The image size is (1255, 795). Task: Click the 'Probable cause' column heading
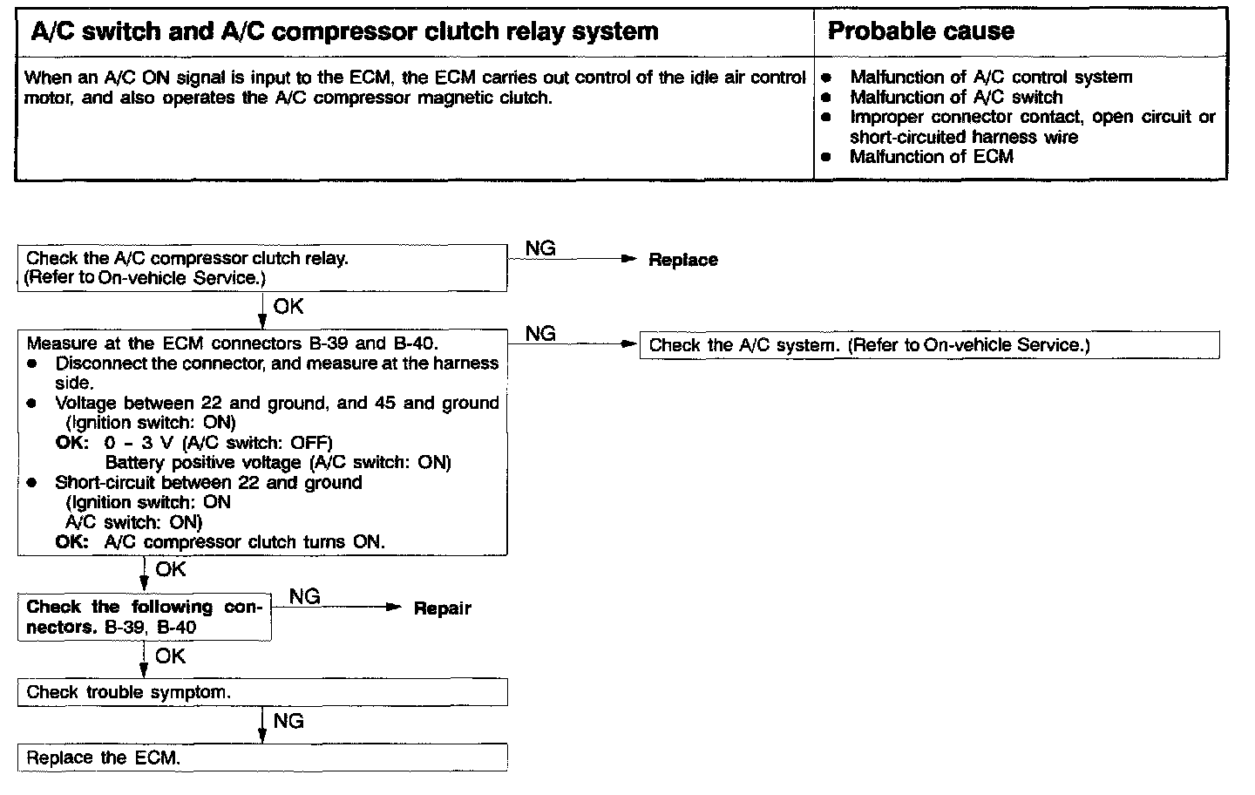tap(920, 32)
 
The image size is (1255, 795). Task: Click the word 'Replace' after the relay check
tap(682, 260)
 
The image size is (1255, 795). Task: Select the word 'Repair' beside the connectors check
tap(442, 608)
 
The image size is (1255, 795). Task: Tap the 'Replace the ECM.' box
tap(261, 758)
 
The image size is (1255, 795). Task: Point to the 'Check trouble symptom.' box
tap(261, 692)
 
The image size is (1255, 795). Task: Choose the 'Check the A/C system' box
tap(929, 345)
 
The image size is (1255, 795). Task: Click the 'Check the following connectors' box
tap(144, 617)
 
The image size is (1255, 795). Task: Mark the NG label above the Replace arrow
tap(540, 248)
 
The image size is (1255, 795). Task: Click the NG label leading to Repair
tap(304, 596)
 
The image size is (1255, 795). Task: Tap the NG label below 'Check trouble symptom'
tap(288, 721)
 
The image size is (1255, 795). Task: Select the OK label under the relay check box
tap(288, 307)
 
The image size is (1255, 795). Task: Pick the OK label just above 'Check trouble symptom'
tap(170, 656)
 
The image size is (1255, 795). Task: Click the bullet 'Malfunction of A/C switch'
tap(956, 98)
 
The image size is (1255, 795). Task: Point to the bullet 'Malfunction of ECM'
tap(931, 157)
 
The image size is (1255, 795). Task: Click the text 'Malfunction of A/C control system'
tap(991, 78)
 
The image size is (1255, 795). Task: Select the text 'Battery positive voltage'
tap(203, 463)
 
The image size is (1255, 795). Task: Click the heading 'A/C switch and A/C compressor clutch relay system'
tap(344, 32)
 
